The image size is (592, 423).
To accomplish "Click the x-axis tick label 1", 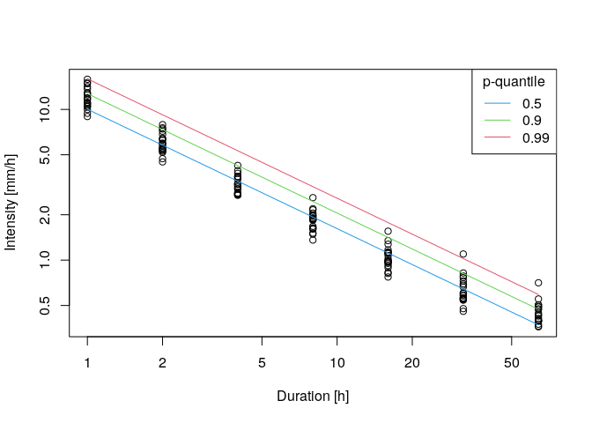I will (x=87, y=363).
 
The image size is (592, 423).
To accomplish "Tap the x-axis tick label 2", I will (x=162, y=363).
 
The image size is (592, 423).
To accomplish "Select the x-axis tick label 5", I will (x=262, y=363).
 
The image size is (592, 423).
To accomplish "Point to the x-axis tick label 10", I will (x=337, y=363).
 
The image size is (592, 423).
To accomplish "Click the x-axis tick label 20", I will (x=412, y=363).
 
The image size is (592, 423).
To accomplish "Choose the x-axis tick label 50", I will (x=512, y=363).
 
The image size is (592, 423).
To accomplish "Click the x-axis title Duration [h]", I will (x=313, y=397).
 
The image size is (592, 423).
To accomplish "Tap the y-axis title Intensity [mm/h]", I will (x=11, y=203).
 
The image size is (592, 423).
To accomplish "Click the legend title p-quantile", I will (x=513, y=82).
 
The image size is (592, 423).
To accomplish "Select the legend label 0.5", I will (x=532, y=103).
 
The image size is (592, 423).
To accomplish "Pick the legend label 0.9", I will (x=532, y=120).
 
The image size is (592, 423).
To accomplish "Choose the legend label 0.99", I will (x=536, y=137).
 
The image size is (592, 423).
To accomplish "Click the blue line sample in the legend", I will (x=497, y=103).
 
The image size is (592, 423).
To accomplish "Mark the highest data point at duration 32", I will (x=463, y=254).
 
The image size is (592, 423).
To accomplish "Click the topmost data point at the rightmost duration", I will (x=538, y=284).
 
